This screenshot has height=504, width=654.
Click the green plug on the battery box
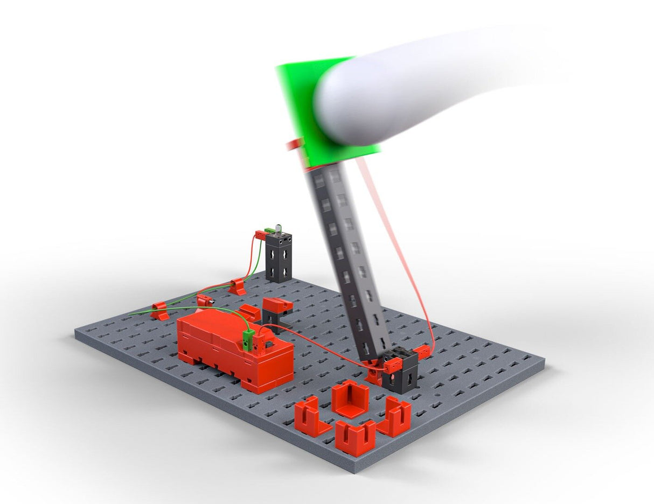point(248,340)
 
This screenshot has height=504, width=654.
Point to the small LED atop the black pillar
point(279,228)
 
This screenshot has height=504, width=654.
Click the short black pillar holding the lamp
point(279,258)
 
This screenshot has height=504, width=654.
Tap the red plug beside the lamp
point(260,235)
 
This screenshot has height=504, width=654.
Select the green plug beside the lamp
point(269,231)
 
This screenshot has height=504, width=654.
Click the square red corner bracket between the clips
point(350,398)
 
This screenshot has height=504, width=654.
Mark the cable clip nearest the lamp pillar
point(236,286)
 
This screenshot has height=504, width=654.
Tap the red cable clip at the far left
point(159,311)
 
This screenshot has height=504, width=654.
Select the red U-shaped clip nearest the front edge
point(355,437)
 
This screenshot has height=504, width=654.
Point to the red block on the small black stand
point(279,305)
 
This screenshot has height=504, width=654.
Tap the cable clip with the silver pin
point(205,300)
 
